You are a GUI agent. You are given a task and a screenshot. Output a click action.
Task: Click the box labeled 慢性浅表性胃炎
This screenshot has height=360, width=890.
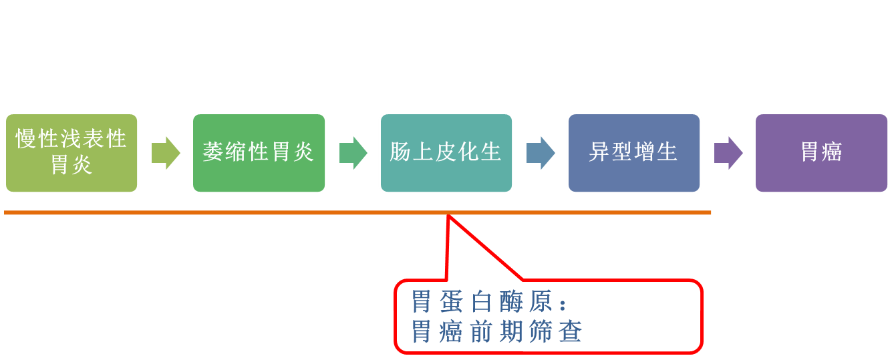(71, 153)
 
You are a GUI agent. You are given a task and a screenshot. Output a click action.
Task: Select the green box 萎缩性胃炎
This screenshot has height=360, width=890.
(259, 153)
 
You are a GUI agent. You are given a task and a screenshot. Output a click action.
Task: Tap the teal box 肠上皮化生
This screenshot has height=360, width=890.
(446, 153)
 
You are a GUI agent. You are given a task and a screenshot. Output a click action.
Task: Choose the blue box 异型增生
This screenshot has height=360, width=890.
(633, 153)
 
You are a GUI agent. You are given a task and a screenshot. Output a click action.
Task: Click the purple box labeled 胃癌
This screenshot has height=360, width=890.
(821, 153)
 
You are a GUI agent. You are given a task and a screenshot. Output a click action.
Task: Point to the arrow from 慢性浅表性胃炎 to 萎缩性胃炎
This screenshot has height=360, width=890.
(165, 153)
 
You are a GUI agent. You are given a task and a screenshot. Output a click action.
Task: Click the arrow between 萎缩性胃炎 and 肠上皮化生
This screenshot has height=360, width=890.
(353, 153)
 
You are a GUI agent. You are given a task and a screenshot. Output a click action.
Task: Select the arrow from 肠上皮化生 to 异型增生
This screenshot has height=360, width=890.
(540, 153)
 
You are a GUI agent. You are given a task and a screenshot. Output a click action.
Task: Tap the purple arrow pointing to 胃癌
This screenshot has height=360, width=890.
(728, 153)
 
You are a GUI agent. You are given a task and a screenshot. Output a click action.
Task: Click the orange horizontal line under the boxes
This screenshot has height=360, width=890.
(267, 212)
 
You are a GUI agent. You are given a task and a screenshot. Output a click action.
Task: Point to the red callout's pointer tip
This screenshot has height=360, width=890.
(449, 216)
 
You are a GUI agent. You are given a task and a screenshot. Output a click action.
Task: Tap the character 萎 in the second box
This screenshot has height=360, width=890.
(212, 152)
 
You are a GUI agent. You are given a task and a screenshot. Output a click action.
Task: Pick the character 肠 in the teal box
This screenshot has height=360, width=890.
(400, 152)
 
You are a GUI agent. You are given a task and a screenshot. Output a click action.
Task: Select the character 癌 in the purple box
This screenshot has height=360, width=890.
(832, 152)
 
